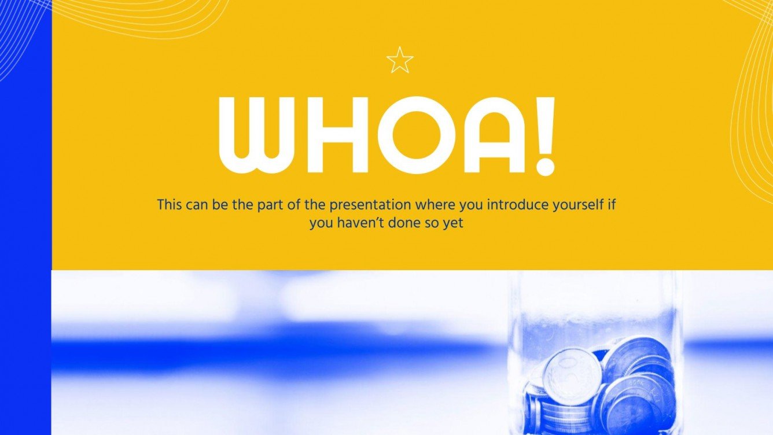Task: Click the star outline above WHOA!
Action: point(400,61)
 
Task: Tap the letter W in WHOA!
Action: point(257,136)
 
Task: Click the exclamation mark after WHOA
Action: point(544,136)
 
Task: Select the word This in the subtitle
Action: point(170,204)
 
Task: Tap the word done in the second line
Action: point(404,223)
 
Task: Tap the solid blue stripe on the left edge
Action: point(25,231)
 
